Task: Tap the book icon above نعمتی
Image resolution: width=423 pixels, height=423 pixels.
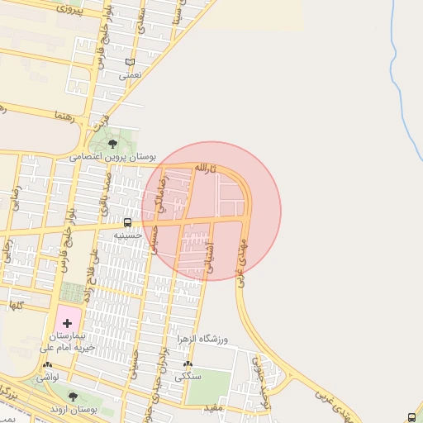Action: click(x=130, y=62)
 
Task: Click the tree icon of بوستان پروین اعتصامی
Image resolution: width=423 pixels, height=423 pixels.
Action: click(x=113, y=144)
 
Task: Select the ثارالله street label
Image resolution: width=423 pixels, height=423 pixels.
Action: click(x=204, y=169)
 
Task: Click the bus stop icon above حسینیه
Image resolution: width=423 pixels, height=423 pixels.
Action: click(x=127, y=222)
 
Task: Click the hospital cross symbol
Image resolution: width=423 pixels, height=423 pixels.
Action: click(x=67, y=321)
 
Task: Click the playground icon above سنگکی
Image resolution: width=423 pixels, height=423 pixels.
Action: click(x=189, y=364)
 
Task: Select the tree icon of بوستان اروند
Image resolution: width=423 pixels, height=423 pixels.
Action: click(x=73, y=396)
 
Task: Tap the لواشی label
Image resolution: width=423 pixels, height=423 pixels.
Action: click(x=47, y=378)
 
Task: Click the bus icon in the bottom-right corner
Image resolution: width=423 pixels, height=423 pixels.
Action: click(x=412, y=417)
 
